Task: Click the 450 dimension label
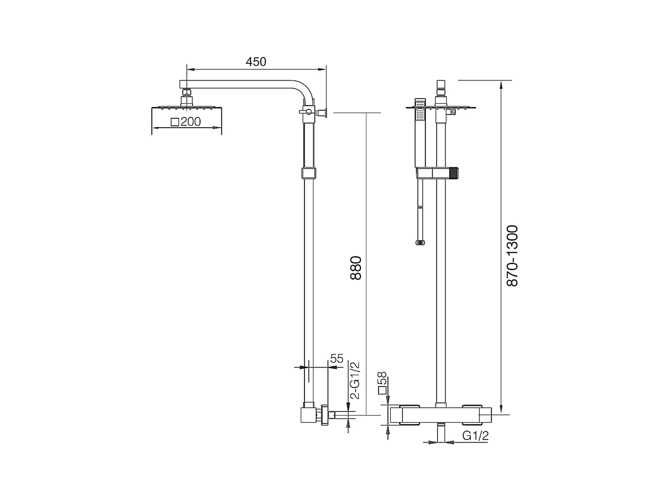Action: pos(256,62)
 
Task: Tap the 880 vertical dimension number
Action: pos(356,268)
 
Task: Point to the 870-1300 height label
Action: pos(512,256)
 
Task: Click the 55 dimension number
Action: pos(336,359)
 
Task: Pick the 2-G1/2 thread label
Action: pos(355,380)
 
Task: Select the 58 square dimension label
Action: pos(382,382)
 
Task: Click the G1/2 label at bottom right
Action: pos(475,436)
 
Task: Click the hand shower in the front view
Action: pos(420,132)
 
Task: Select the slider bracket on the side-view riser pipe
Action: pos(309,173)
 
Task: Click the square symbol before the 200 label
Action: pos(174,122)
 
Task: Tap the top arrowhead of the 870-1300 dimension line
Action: pos(501,84)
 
